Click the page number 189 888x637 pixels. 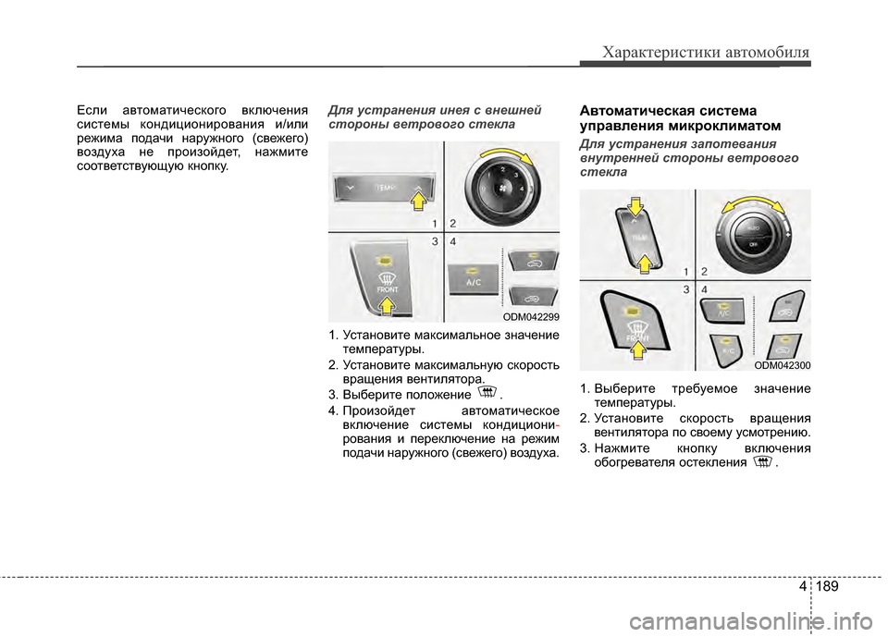coord(830,586)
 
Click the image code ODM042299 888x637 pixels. coord(531,316)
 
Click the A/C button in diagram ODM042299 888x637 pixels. coord(474,280)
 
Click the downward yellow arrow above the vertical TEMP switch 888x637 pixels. coord(635,209)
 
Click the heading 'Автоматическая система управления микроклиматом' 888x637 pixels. coord(679,117)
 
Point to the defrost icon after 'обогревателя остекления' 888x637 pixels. coord(763,462)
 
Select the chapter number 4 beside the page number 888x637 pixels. coord(800,586)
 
